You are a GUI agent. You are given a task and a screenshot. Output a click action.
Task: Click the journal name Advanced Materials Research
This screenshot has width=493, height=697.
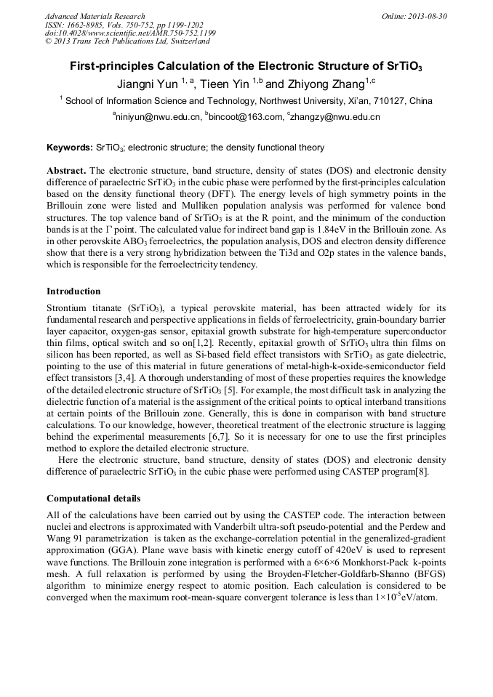tap(95, 16)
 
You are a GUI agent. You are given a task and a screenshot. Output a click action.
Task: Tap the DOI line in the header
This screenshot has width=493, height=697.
tap(130, 33)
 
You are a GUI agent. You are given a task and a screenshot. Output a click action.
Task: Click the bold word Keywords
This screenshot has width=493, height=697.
tap(69, 148)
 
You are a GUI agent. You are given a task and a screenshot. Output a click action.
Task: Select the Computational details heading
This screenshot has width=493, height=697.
tap(103, 499)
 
